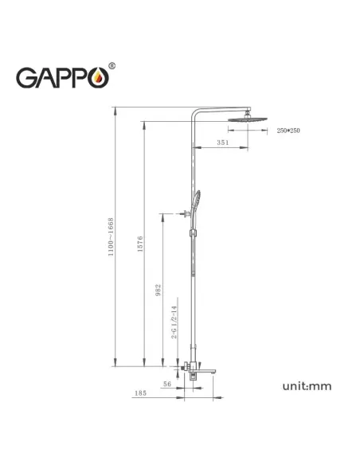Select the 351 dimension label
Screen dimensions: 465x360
(224, 143)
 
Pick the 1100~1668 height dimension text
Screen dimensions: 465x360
(112, 236)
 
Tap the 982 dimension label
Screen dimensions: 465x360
(158, 290)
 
